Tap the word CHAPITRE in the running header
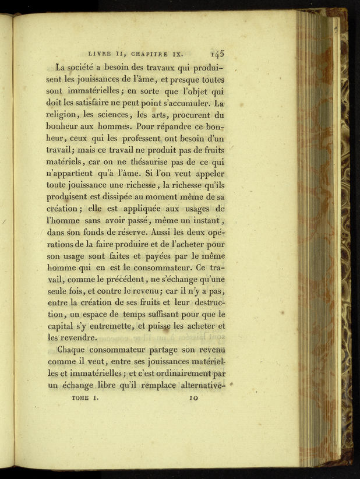point(147,53)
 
